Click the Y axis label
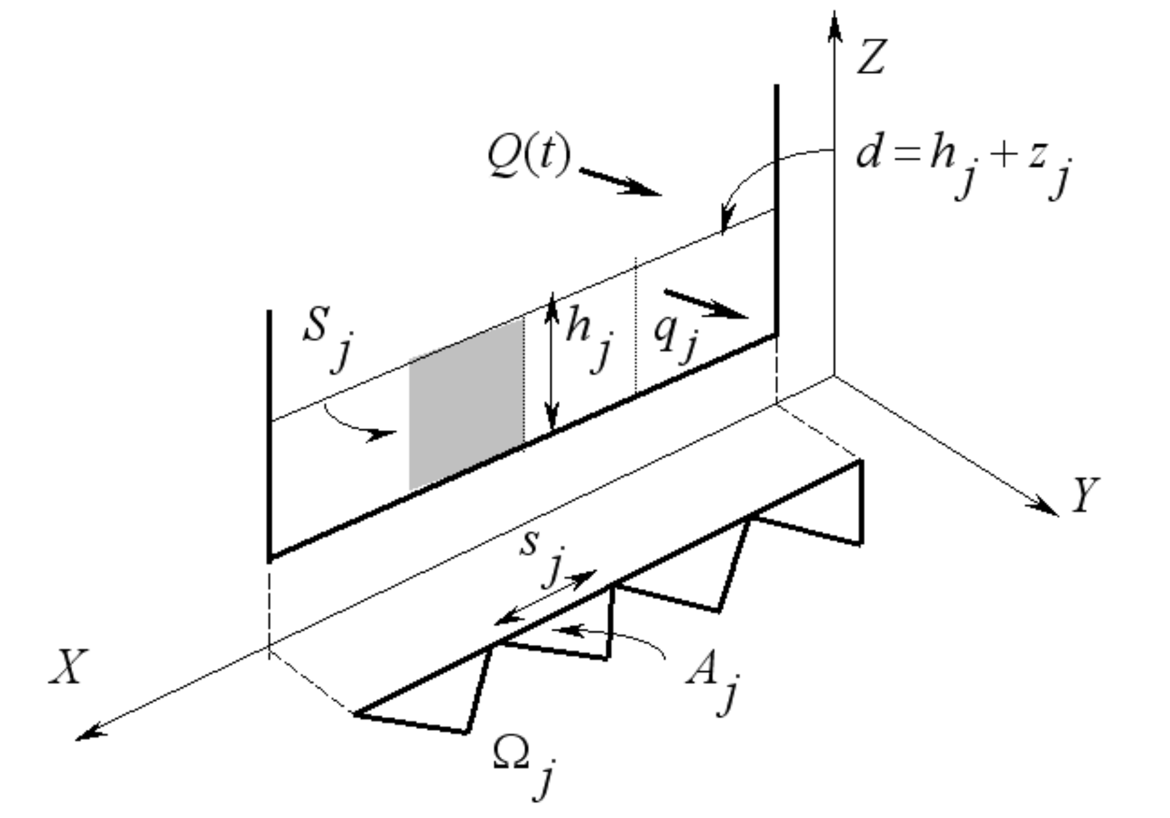(1086, 495)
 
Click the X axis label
(68, 667)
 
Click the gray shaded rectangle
(466, 405)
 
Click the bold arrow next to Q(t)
(621, 182)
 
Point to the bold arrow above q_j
(706, 304)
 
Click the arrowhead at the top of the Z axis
(834, 26)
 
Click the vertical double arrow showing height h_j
(552, 361)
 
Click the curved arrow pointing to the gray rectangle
(358, 424)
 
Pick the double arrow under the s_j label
(545, 597)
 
